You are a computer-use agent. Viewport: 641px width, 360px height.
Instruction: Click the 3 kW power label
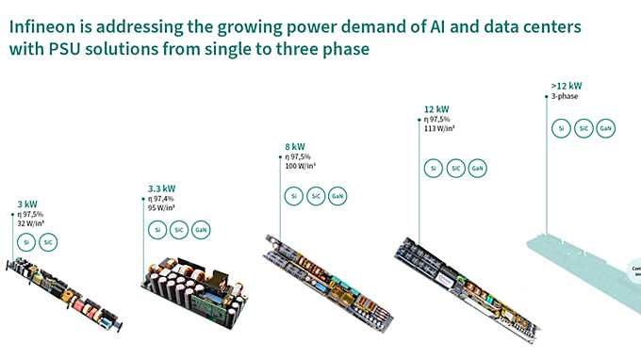click(28, 203)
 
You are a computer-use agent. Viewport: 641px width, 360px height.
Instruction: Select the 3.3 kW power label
click(162, 188)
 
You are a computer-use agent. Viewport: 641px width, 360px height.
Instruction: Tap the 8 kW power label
click(295, 146)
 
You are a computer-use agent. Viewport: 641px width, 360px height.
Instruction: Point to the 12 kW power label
click(435, 109)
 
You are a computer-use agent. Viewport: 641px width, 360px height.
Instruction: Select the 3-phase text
click(566, 95)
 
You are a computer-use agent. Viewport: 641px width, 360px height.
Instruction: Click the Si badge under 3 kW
click(27, 242)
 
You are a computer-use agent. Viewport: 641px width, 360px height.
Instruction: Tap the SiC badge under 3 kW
click(48, 242)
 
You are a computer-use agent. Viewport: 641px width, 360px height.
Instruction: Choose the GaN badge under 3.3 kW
click(201, 229)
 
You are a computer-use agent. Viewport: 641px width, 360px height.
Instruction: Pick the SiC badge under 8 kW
click(316, 196)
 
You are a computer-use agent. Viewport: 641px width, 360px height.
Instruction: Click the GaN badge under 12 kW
click(478, 169)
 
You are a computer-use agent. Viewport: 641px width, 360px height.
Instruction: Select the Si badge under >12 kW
click(562, 128)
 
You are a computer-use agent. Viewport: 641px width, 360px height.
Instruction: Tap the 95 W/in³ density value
click(162, 208)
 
